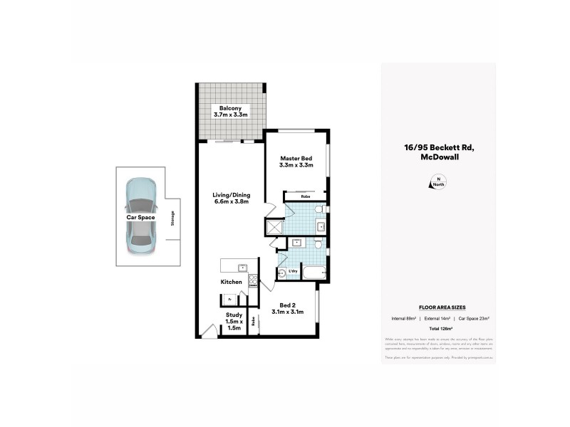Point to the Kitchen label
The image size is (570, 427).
click(x=232, y=283)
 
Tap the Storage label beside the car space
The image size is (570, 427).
click(x=172, y=218)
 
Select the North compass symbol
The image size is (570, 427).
click(x=438, y=182)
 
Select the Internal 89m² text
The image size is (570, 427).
click(x=404, y=317)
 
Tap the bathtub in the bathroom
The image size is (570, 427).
click(x=314, y=273)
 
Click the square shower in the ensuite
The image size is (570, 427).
click(x=274, y=227)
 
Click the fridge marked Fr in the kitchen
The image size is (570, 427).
click(x=231, y=299)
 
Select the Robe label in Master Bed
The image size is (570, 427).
click(x=305, y=196)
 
